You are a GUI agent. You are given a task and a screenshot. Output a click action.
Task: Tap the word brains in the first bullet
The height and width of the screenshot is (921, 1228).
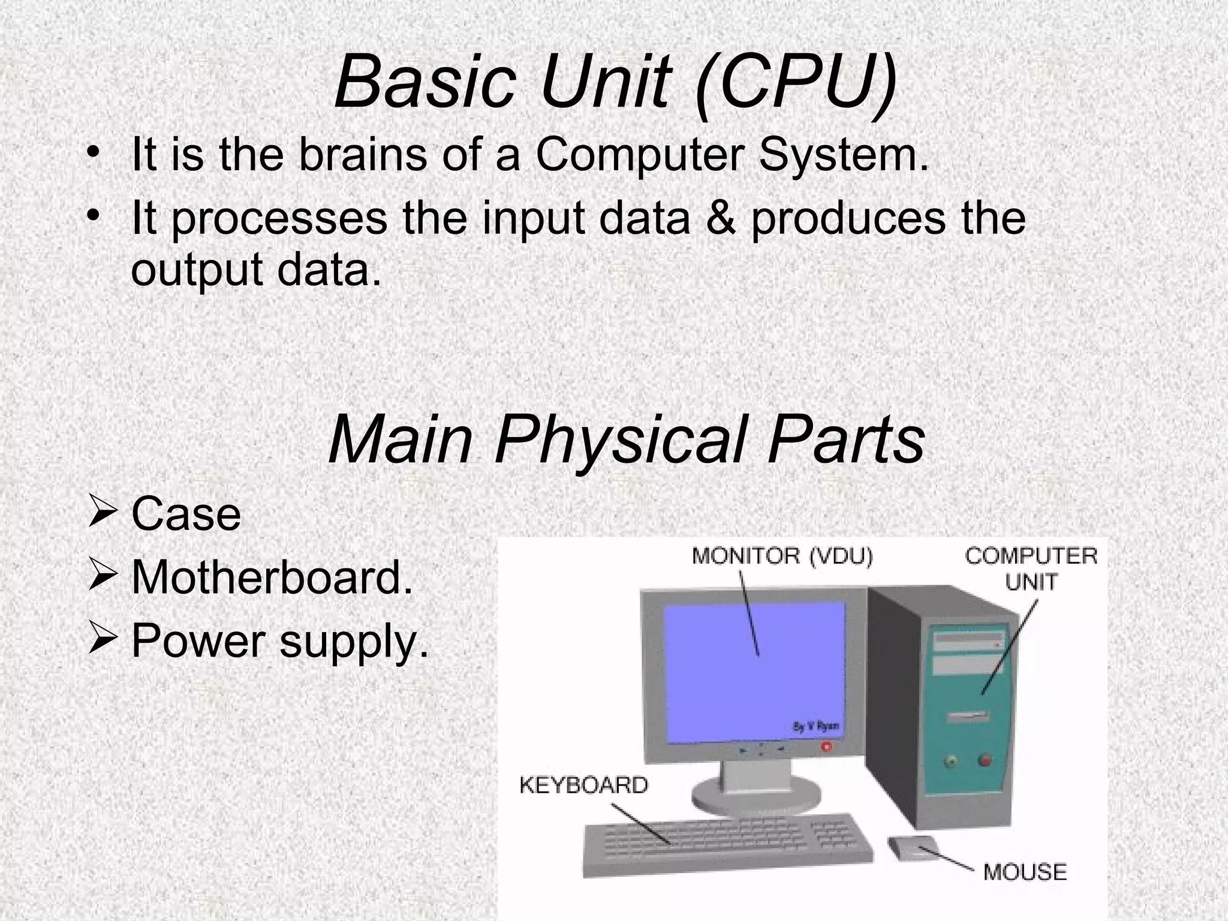click(362, 154)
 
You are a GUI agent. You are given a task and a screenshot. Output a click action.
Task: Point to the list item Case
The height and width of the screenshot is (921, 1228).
click(186, 514)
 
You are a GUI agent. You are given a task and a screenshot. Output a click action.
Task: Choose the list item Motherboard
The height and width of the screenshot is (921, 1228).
click(272, 577)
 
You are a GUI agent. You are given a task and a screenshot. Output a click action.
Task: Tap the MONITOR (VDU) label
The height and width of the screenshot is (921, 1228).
click(782, 556)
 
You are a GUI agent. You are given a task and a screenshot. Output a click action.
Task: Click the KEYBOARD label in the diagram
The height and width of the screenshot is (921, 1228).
click(583, 785)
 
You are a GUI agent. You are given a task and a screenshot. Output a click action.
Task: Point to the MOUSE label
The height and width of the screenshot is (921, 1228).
click(1025, 871)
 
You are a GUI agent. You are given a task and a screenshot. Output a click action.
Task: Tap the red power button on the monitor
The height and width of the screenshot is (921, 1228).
click(827, 747)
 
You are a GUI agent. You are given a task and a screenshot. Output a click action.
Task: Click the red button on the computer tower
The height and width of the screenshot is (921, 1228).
click(985, 760)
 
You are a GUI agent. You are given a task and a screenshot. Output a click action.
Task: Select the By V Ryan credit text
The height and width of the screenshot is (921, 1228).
click(816, 727)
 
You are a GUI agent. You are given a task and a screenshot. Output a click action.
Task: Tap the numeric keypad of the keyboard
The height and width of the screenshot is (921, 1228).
click(835, 833)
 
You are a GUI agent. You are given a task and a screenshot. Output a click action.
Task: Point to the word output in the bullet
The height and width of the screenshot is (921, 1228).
click(197, 270)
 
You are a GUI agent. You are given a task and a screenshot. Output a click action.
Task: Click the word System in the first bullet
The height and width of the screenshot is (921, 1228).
click(844, 154)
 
